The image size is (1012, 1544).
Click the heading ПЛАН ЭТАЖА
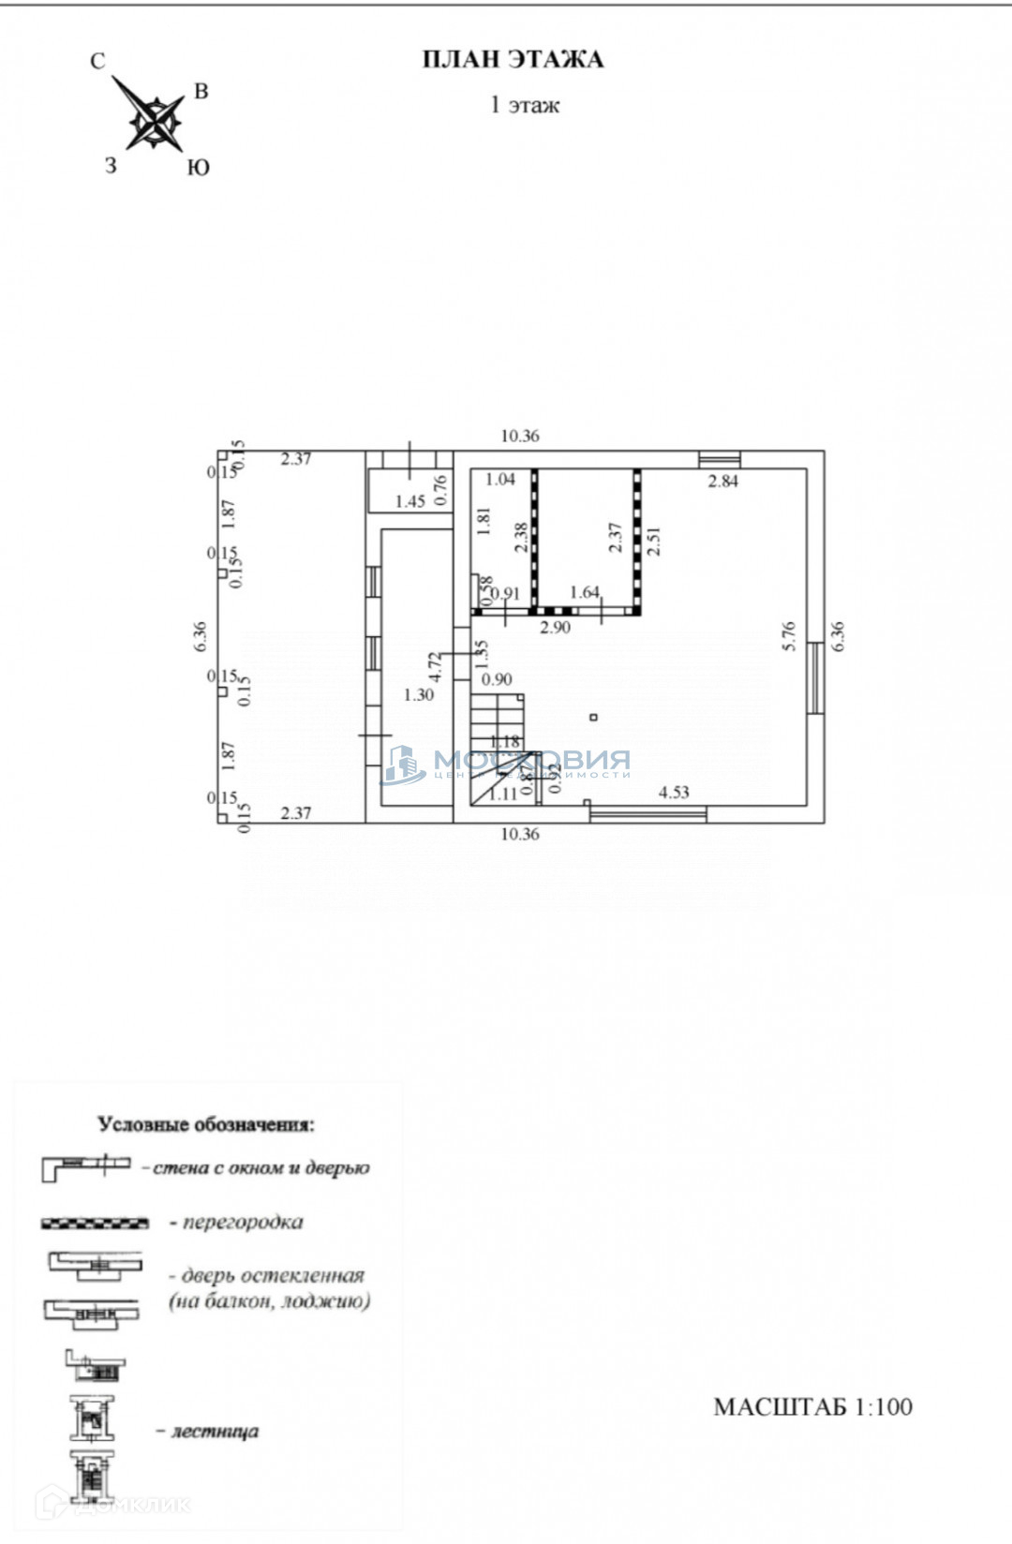[513, 61]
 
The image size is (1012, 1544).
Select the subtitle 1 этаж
[525, 105]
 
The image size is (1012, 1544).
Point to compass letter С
[97, 62]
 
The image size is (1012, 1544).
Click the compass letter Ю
[198, 168]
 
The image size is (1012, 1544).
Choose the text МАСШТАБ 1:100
[812, 1406]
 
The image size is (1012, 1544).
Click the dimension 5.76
[788, 636]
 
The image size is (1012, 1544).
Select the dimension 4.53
[674, 793]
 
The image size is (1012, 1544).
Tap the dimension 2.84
[722, 482]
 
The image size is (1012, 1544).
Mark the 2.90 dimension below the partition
[555, 628]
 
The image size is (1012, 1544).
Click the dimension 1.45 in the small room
[409, 501]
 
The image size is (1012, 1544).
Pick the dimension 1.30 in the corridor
[418, 695]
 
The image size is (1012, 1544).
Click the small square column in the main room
[594, 718]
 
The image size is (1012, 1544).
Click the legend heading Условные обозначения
[207, 1124]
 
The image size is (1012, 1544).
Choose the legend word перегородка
[243, 1222]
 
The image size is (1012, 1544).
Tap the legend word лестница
[215, 1432]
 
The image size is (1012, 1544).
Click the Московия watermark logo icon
[404, 765]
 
